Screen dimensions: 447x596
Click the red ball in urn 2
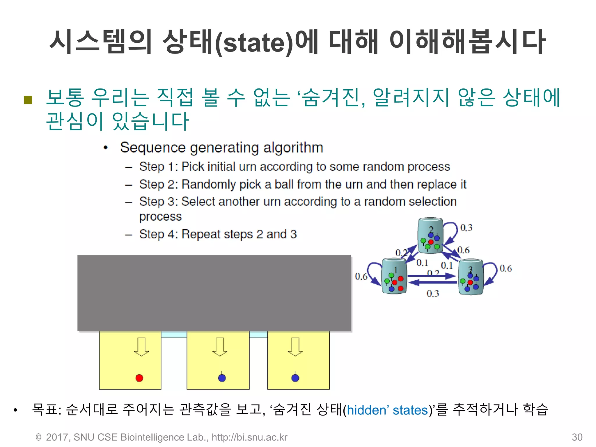click(x=431, y=242)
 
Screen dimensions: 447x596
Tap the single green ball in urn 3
click(x=462, y=281)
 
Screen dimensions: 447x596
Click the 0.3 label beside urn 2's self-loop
click(x=466, y=228)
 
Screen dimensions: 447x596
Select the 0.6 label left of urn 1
click(x=361, y=276)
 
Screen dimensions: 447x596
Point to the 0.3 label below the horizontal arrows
click(x=433, y=293)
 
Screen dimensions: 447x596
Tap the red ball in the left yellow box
click(x=139, y=378)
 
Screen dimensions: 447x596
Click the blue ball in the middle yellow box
click(x=222, y=378)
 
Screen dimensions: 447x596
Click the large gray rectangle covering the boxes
click(x=214, y=293)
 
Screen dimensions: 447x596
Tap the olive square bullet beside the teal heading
click(x=28, y=100)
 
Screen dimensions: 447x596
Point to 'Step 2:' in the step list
click(x=158, y=184)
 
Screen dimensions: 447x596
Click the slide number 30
click(x=577, y=437)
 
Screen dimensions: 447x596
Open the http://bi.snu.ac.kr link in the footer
click(x=249, y=437)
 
